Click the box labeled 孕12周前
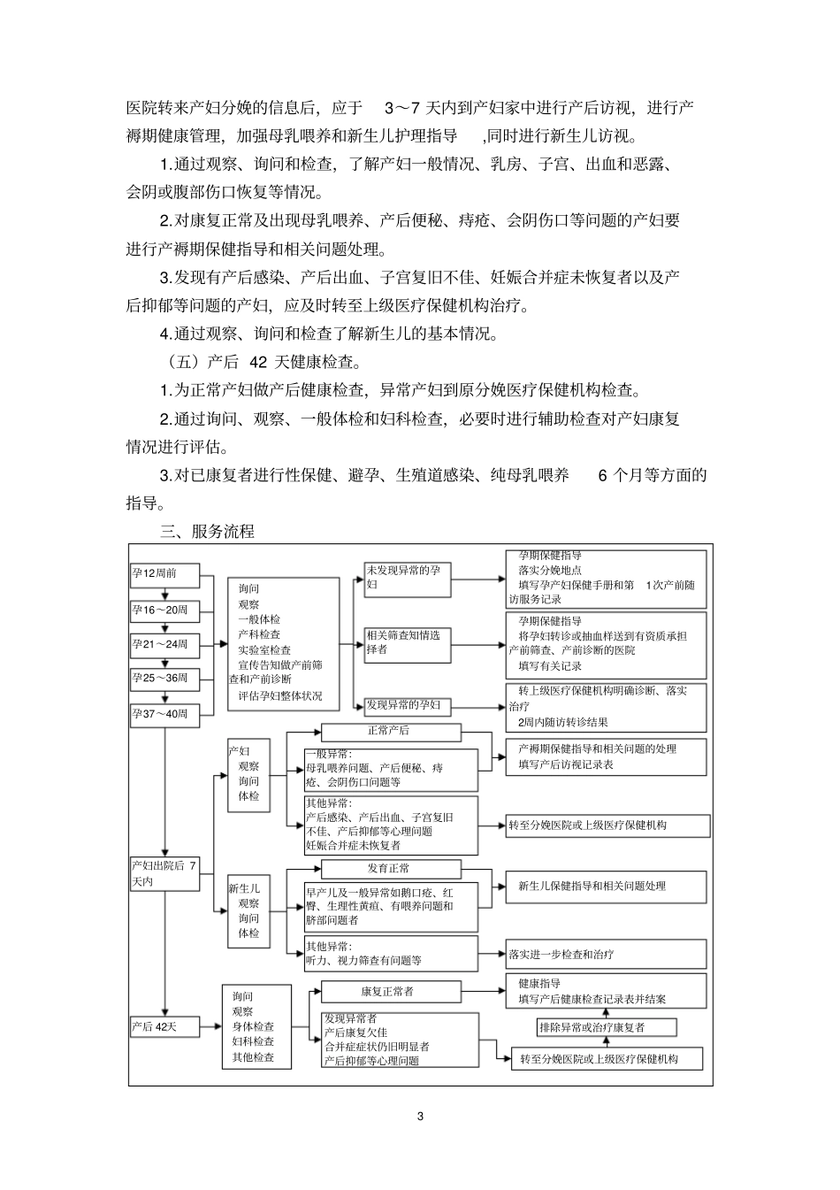tap(164, 574)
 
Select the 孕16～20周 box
tap(164, 610)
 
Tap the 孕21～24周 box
tap(164, 644)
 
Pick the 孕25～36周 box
tap(164, 679)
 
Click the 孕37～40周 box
tap(164, 714)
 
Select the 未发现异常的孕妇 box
tap(407, 578)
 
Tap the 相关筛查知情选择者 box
tap(407, 642)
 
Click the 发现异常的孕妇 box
tap(407, 706)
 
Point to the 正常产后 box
tap(390, 732)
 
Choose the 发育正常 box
tap(390, 869)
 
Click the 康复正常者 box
tap(390, 991)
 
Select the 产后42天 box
tap(164, 1026)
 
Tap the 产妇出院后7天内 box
tap(164, 873)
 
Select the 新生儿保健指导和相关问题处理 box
tap(606, 886)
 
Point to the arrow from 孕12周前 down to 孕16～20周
tap(164, 592)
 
